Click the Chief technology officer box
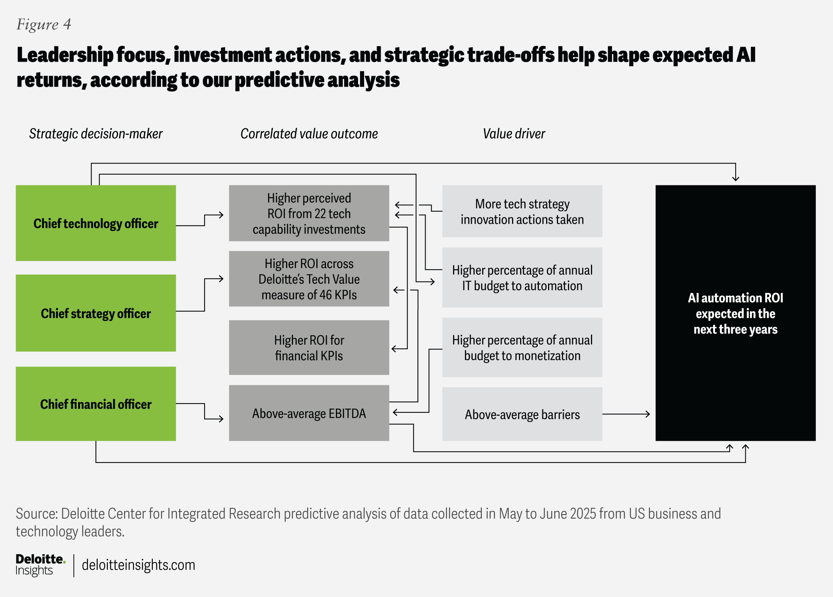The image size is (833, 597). point(96,223)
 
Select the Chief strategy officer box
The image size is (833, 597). point(96,313)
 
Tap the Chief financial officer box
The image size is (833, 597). point(96,404)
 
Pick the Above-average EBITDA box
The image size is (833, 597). point(309,413)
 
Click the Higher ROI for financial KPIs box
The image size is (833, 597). point(309,348)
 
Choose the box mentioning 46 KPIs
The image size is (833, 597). point(309,279)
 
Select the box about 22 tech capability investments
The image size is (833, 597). point(309,213)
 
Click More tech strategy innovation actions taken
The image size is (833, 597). point(522,211)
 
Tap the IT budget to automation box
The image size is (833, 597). point(522,278)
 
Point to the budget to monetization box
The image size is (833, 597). point(522,348)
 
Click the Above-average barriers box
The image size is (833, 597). point(522,414)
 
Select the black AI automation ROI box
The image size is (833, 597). point(735,313)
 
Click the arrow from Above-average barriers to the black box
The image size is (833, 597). point(627,414)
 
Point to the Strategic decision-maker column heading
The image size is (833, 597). point(96,134)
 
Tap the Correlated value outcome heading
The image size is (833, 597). point(309,134)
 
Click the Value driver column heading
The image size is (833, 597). point(514,134)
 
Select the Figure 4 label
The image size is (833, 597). point(44,25)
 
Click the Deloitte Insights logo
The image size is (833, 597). point(40,565)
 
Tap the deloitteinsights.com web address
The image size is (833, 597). point(138,565)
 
